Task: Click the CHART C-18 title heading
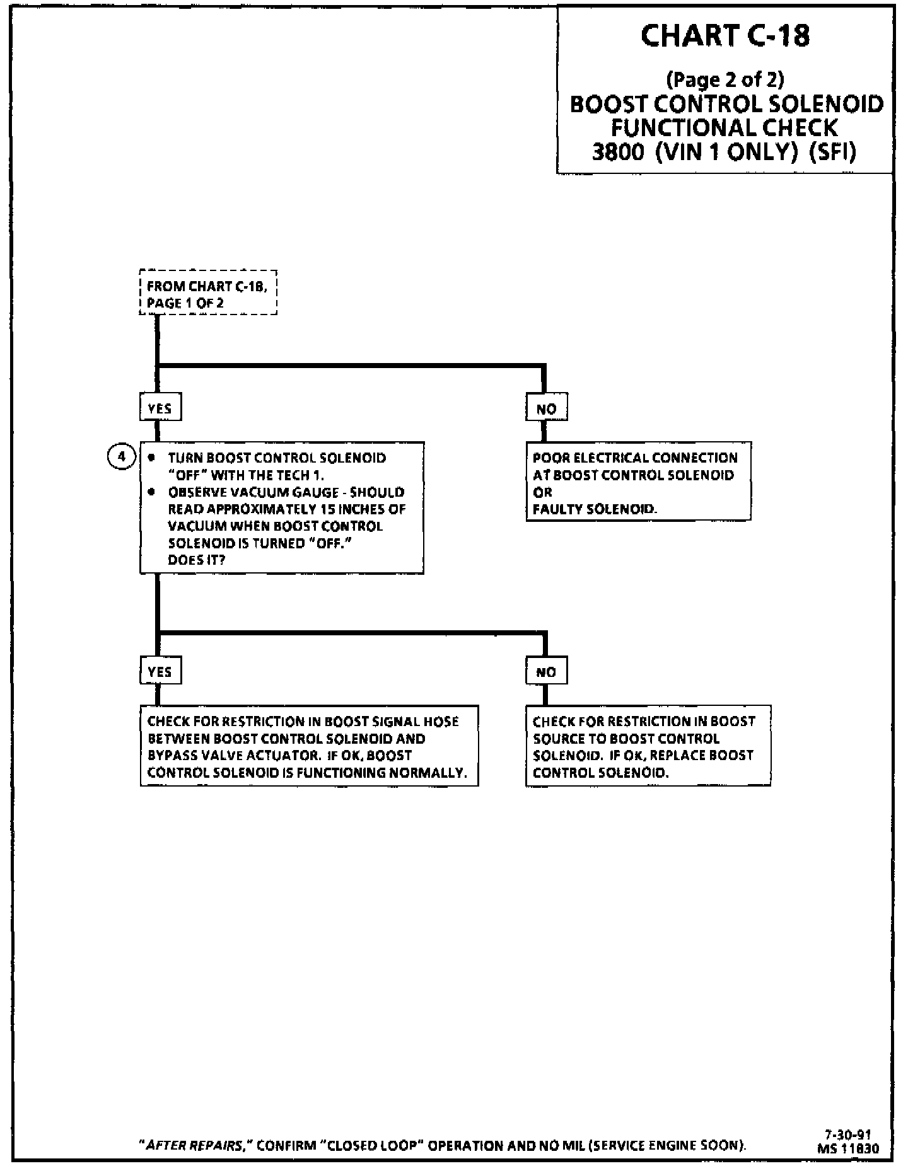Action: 725,37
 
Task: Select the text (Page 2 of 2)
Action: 725,80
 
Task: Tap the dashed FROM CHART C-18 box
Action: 208,294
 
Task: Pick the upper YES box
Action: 160,408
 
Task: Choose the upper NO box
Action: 546,408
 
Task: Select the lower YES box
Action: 160,672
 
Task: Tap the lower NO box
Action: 546,672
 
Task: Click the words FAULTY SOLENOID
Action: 594,509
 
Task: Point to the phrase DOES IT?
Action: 196,560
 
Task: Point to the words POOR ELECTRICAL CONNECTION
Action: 635,458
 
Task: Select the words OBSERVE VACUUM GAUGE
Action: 253,492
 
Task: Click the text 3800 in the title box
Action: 617,153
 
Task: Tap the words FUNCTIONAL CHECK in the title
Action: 725,128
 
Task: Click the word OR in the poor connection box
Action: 542,492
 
